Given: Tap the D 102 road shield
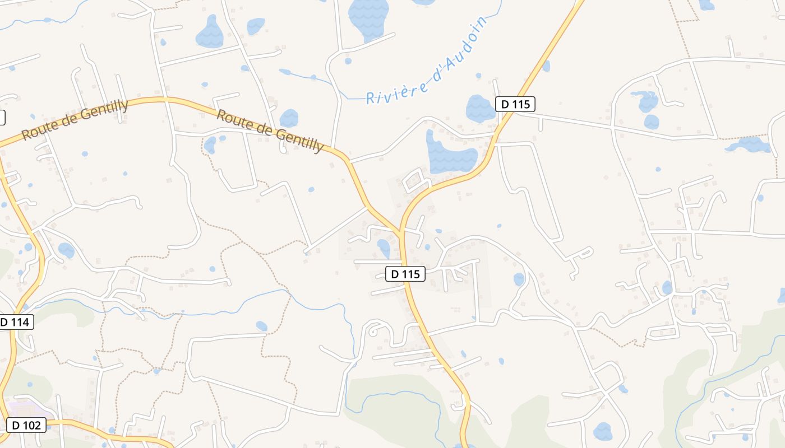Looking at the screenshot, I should pyautogui.click(x=26, y=425).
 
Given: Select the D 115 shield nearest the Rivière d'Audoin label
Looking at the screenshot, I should pyautogui.click(x=515, y=104).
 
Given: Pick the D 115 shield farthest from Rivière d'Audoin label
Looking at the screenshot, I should pyautogui.click(x=405, y=274).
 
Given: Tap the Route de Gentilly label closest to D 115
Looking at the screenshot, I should pyautogui.click(x=270, y=130).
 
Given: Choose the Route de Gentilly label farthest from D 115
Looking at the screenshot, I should pyautogui.click(x=75, y=119).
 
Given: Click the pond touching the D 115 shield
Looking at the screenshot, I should pyautogui.click(x=480, y=109).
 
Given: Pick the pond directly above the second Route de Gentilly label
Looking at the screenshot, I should pyautogui.click(x=289, y=118).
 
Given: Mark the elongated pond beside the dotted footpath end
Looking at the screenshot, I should pyautogui.click(x=749, y=145).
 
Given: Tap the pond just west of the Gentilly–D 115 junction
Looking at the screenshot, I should pyautogui.click(x=384, y=248).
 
